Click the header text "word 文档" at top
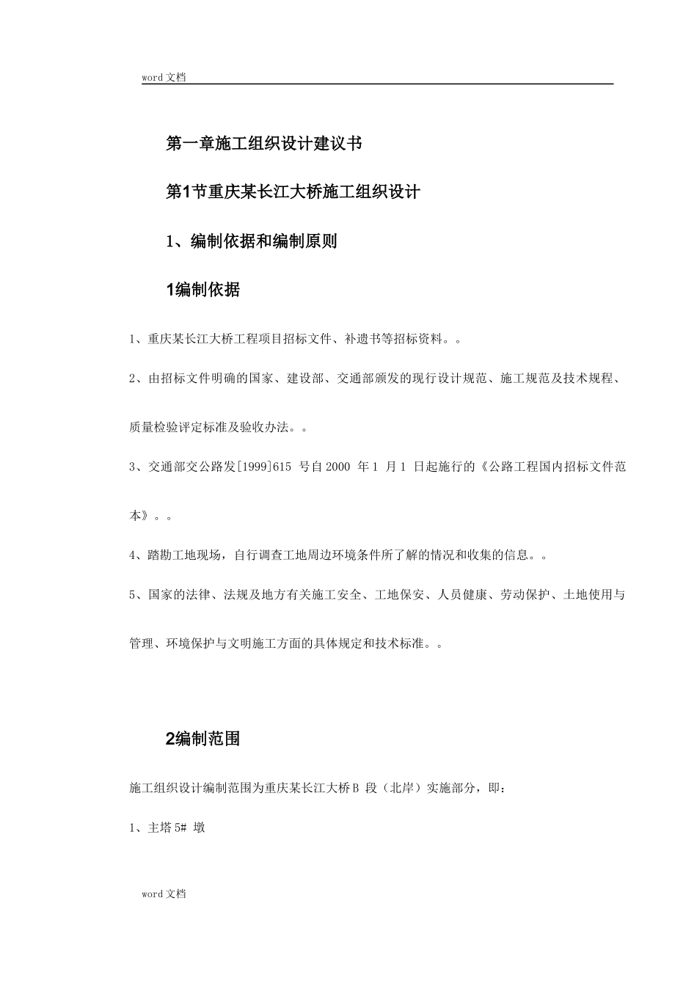[164, 77]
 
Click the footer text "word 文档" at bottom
[164, 894]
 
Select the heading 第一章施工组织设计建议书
[264, 143]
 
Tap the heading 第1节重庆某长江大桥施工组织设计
[293, 192]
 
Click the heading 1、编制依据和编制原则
[252, 241]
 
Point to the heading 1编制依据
[203, 291]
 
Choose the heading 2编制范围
[203, 739]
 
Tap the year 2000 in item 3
[337, 467]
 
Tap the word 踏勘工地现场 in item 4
[185, 555]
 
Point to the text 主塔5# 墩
[177, 828]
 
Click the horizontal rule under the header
[377, 84]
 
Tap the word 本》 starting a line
[141, 516]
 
